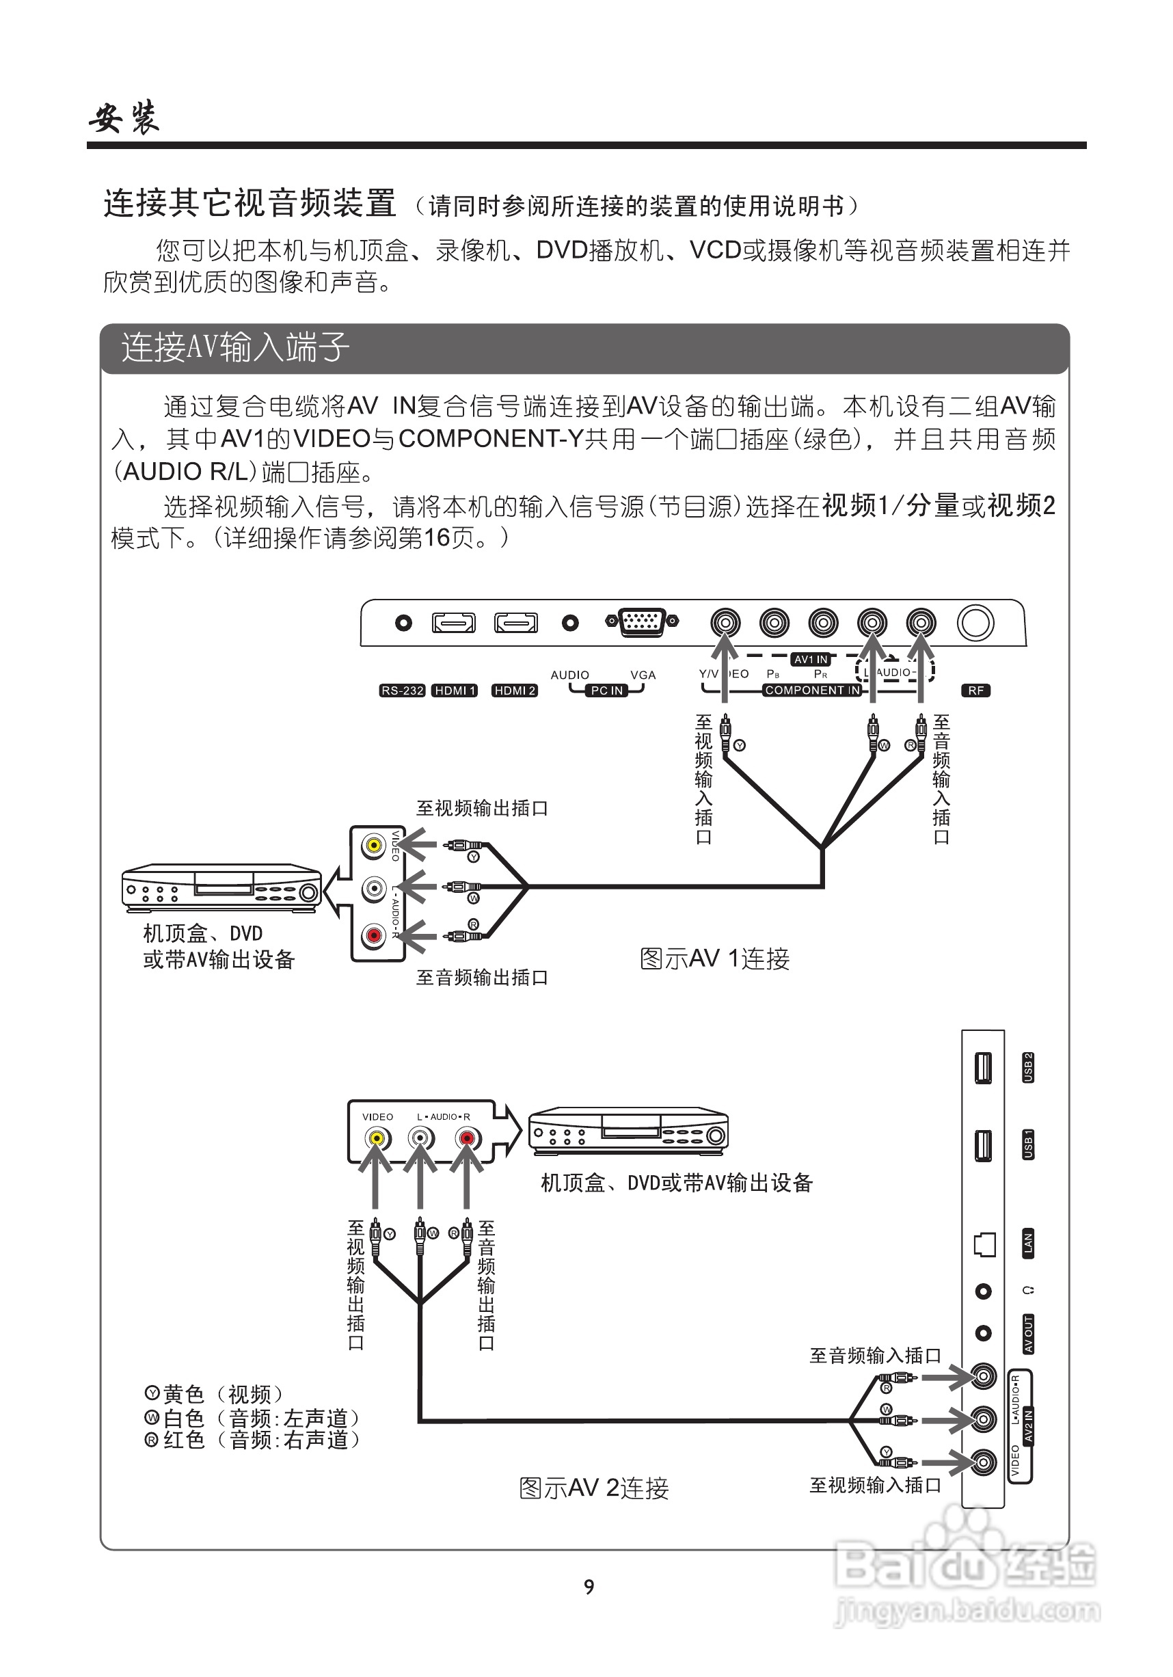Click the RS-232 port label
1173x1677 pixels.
point(402,690)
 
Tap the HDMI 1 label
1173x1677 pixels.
point(455,690)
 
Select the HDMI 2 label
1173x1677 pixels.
point(514,690)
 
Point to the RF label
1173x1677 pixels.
point(976,690)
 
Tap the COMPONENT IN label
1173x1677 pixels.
point(812,690)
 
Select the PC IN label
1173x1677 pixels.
point(607,690)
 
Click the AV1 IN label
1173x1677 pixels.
point(811,660)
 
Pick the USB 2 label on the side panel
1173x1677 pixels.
point(1027,1067)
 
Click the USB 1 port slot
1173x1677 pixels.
point(983,1144)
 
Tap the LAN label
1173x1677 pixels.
point(1027,1242)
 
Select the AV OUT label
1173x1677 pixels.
point(1027,1334)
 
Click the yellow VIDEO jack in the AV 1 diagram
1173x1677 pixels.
point(374,846)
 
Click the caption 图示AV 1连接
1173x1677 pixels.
point(714,958)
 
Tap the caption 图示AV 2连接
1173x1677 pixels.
point(594,1488)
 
